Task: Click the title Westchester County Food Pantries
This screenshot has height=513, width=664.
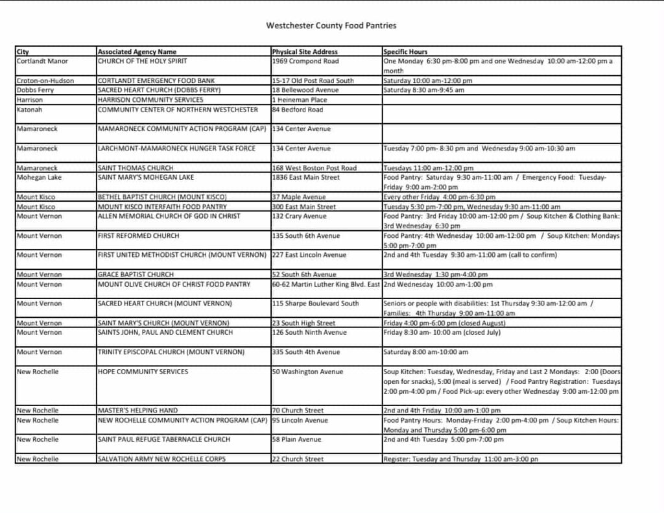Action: pyautogui.click(x=331, y=26)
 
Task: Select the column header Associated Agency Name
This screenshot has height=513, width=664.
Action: pyautogui.click(x=137, y=52)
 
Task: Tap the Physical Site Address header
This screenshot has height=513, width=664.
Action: pyautogui.click(x=305, y=52)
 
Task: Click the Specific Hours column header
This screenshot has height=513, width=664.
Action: pyautogui.click(x=405, y=52)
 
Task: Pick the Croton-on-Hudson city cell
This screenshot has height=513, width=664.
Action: pyautogui.click(x=45, y=81)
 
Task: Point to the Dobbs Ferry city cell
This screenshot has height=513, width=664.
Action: pyautogui.click(x=35, y=90)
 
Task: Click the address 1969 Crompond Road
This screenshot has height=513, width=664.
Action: pyautogui.click(x=305, y=62)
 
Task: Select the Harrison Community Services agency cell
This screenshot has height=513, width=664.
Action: pyautogui.click(x=150, y=100)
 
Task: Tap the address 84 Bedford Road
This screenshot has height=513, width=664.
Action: pyautogui.click(x=298, y=110)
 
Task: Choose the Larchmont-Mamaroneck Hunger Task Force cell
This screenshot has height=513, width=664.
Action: pyautogui.click(x=176, y=149)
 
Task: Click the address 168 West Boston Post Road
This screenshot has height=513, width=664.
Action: pyautogui.click(x=314, y=168)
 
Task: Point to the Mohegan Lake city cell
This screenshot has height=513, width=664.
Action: pyautogui.click(x=40, y=177)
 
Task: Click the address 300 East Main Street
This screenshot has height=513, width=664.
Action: pyautogui.click(x=304, y=207)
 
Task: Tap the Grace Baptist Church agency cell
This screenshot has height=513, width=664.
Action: pyautogui.click(x=136, y=274)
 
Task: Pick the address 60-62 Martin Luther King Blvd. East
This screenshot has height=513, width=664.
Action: pyautogui.click(x=326, y=284)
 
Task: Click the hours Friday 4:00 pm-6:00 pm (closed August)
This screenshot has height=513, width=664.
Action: pyautogui.click(x=437, y=323)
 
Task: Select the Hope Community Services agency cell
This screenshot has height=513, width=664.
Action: pyautogui.click(x=143, y=372)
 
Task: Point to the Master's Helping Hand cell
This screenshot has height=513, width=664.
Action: pyautogui.click(x=137, y=411)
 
